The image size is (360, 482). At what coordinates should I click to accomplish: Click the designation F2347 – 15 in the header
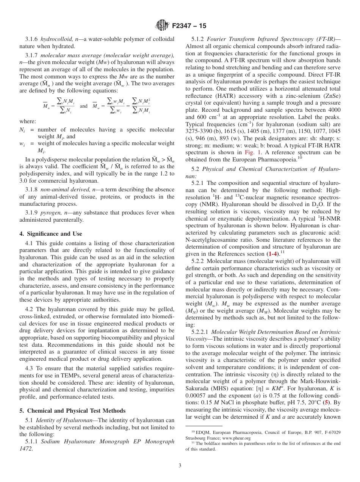tap(189, 26)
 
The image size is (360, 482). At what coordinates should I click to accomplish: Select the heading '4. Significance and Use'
tap(51, 234)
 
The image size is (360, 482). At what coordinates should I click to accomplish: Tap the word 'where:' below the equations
tap(28, 121)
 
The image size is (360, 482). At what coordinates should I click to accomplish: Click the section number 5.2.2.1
tap(201, 332)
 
